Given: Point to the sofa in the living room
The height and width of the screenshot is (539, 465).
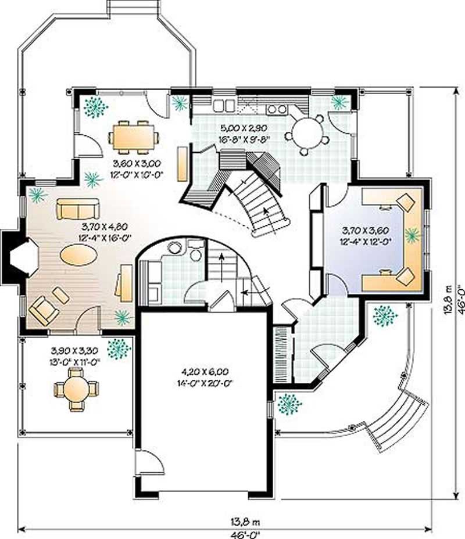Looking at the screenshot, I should point(78,208).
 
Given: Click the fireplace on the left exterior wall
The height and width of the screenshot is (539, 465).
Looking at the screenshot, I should point(21,259).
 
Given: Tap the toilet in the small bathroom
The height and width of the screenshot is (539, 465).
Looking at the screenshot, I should point(195,253).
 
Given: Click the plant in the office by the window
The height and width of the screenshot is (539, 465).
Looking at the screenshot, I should point(412,235).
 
